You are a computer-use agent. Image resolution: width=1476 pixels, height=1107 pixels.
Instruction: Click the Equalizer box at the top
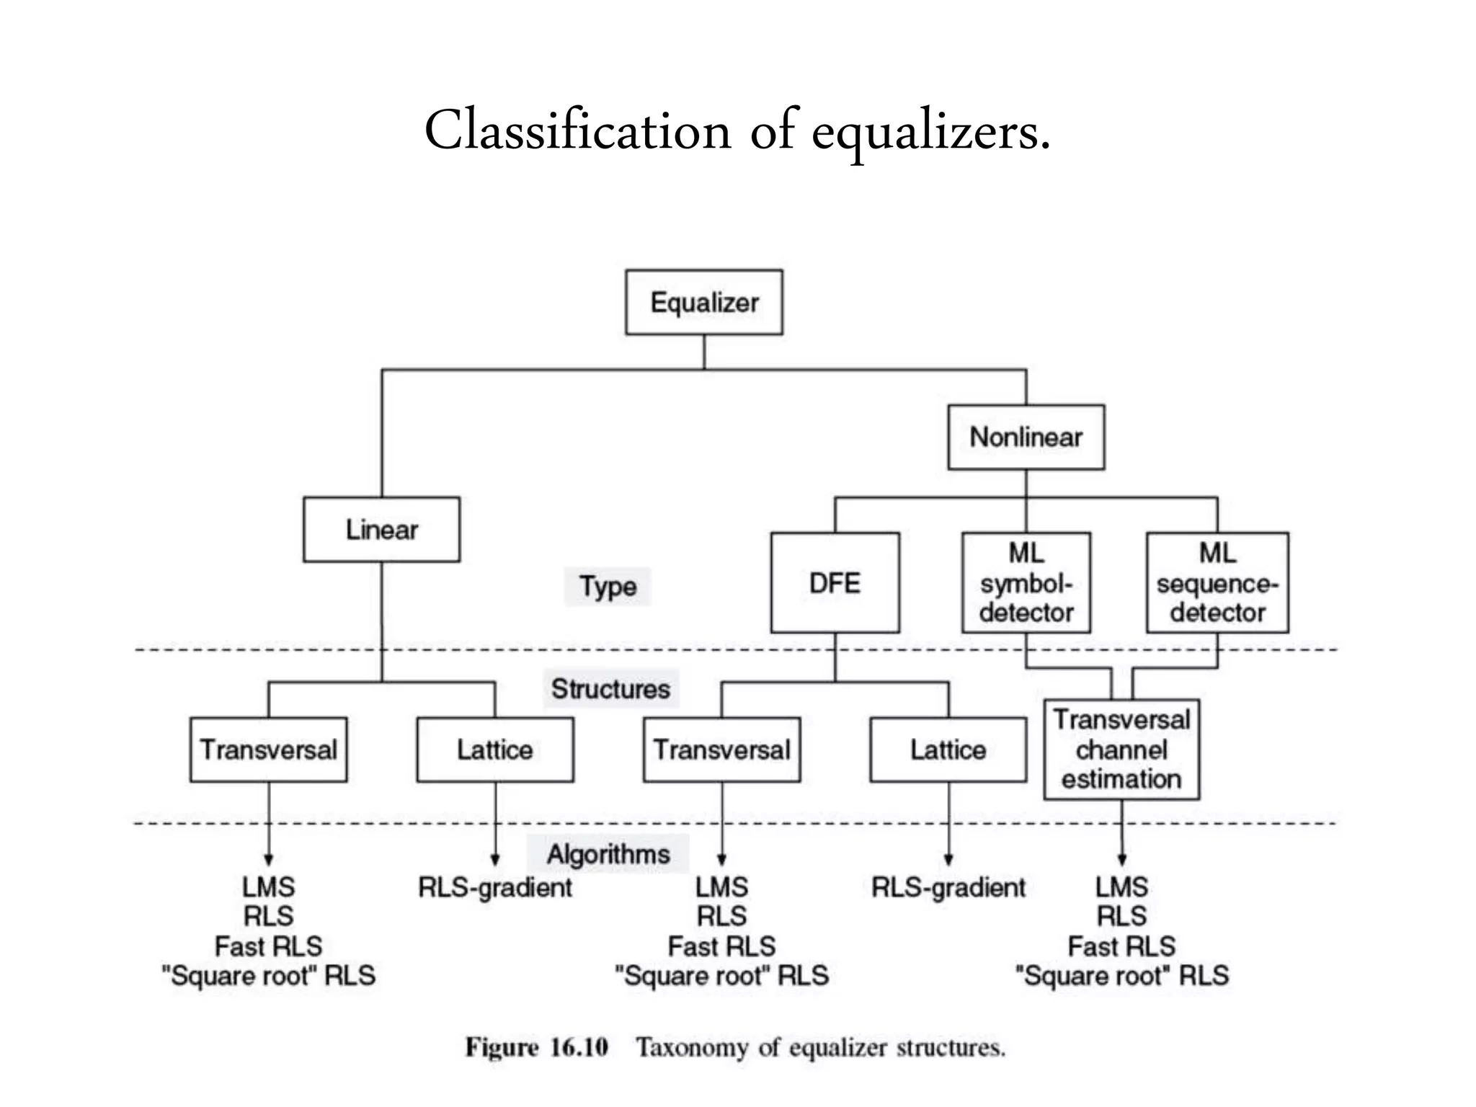703,302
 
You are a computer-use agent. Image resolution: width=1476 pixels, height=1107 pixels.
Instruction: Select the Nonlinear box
1026,437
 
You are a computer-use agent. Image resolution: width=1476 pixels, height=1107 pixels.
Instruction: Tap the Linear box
381,529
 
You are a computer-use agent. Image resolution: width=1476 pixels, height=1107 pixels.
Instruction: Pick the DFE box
835,582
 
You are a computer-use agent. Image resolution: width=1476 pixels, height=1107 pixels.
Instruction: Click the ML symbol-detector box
1026,582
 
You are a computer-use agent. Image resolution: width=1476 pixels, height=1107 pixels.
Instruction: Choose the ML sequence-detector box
1217,582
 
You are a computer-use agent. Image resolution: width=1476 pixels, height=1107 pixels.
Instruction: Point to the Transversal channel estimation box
1121,749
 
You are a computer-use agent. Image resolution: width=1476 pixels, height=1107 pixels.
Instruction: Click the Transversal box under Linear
268,750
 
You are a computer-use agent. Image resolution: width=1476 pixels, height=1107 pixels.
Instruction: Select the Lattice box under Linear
495,750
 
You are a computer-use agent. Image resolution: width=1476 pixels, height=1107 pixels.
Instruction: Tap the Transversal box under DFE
721,750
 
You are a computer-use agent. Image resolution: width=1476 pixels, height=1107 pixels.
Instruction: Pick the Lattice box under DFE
948,750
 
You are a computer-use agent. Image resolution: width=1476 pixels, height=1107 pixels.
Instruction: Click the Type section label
608,586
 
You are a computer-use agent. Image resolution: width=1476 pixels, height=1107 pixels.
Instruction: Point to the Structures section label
610,689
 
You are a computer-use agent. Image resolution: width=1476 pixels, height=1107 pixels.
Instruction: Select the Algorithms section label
608,854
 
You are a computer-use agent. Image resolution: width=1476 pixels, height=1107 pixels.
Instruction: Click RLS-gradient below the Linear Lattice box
495,887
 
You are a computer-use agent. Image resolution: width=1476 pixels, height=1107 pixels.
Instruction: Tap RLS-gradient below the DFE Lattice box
948,887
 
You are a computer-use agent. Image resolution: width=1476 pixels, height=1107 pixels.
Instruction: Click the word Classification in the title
577,131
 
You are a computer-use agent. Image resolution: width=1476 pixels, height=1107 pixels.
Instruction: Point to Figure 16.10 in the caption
537,1046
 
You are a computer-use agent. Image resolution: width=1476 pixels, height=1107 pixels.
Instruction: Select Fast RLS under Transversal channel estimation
1121,946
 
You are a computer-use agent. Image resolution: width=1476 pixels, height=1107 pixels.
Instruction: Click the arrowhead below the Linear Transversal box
268,859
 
